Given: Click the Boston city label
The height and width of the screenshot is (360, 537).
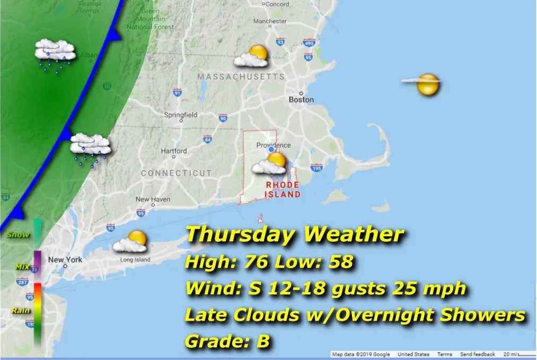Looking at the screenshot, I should click(301, 100).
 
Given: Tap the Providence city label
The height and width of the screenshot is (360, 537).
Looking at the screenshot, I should click(274, 145).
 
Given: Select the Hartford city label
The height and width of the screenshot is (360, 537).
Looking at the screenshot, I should click(174, 151).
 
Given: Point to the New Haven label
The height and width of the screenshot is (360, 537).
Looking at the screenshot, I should click(153, 200).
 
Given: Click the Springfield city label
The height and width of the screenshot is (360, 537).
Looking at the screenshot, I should click(180, 115).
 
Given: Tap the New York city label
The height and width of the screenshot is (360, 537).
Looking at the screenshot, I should click(65, 260).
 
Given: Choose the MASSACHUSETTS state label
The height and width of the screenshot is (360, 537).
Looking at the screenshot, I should click(241, 77).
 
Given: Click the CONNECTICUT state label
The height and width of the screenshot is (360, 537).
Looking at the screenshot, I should click(176, 173).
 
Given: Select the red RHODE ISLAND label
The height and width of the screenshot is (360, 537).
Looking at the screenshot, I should click(283, 189).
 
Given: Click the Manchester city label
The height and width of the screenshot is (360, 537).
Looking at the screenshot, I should click(269, 22).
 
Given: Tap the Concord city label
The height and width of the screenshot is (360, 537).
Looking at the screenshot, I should click(277, 4).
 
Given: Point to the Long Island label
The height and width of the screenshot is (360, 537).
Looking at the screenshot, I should click(135, 260).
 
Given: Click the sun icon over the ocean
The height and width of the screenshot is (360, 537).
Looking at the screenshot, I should click(427, 85).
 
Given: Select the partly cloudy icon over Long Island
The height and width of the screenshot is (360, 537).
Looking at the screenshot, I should click(131, 241).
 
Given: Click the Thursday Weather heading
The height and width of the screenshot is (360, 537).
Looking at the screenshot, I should click(295, 234).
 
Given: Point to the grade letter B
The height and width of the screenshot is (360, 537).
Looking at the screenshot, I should click(263, 341).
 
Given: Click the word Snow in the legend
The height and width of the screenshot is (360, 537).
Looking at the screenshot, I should click(17, 235).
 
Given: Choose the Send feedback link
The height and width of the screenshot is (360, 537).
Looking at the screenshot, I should click(477, 354).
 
